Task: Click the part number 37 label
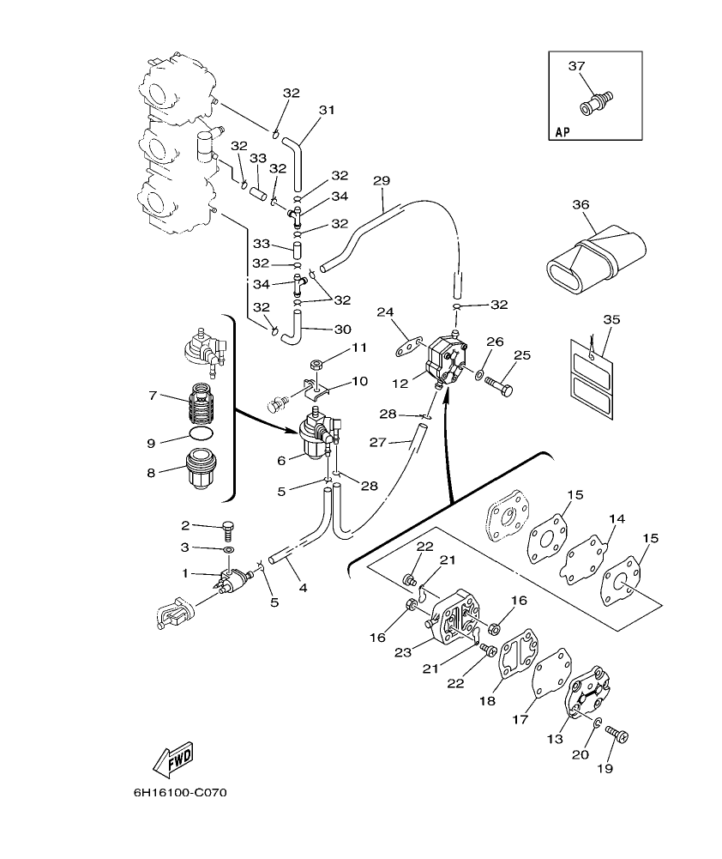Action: [575, 66]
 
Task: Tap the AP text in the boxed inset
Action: [562, 131]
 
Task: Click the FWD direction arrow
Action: [172, 759]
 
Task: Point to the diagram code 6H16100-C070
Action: [180, 794]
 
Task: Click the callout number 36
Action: [581, 204]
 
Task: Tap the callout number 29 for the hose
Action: [382, 180]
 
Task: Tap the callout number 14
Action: [616, 519]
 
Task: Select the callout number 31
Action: [326, 110]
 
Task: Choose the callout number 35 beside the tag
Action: [611, 319]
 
